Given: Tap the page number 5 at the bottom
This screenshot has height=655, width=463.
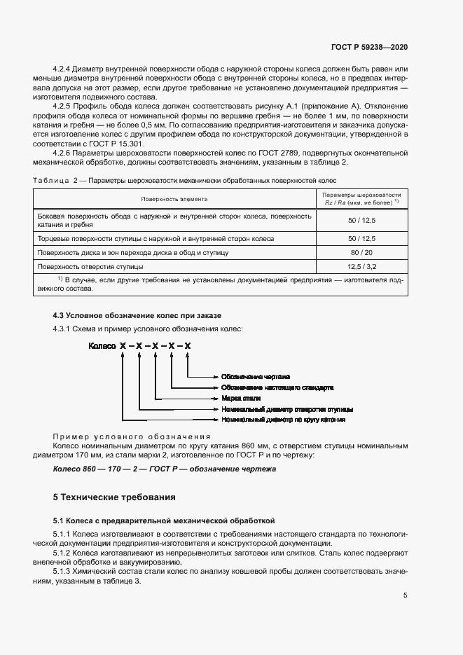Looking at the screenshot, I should click(x=405, y=595).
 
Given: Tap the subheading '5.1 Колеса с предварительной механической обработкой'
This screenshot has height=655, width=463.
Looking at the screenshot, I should click(x=164, y=520).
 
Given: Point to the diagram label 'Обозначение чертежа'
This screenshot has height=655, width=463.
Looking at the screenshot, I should click(x=255, y=376).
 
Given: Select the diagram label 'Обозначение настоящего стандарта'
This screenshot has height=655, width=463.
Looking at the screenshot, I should click(x=277, y=387).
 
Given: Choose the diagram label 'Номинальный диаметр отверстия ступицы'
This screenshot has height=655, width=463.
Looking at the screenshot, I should click(x=286, y=408).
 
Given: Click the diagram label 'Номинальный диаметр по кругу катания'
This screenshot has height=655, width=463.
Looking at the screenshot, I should click(x=283, y=420).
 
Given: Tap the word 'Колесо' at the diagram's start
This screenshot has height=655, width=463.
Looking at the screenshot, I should click(x=101, y=346).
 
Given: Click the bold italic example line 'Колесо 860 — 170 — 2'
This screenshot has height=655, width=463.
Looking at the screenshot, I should click(x=165, y=469).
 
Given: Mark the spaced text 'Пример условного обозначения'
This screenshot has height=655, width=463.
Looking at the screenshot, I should click(x=132, y=436).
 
